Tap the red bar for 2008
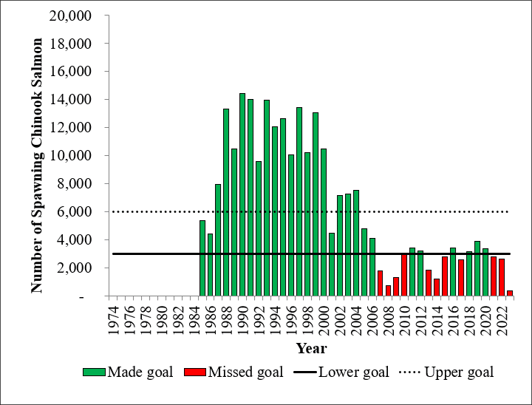[388, 290]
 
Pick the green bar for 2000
[324, 222]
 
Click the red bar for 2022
[502, 277]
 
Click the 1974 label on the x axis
[113, 319]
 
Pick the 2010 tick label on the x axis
[404, 319]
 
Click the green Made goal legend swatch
[94, 372]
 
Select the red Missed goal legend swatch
[199, 372]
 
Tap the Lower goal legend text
[352, 372]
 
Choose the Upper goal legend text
[459, 372]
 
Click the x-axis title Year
[311, 347]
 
